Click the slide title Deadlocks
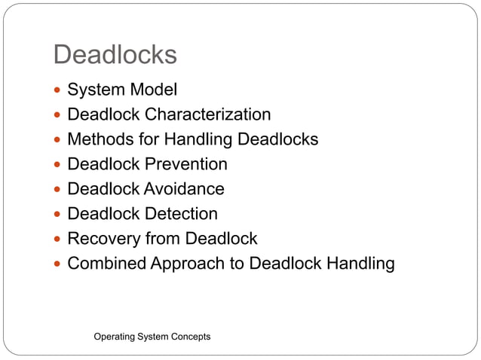coord(115,54)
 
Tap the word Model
coord(152,90)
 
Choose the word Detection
coord(181,214)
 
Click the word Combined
coord(103,264)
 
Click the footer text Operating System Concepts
coord(152,336)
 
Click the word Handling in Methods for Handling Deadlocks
coord(204,140)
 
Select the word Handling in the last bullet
coord(361,264)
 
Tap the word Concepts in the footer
coord(189,336)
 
